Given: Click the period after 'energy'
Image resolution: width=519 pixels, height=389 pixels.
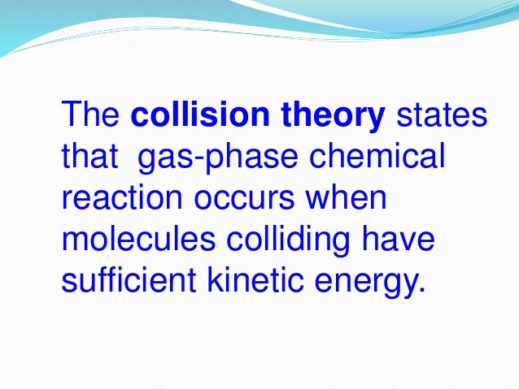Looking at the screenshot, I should click(x=421, y=289).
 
